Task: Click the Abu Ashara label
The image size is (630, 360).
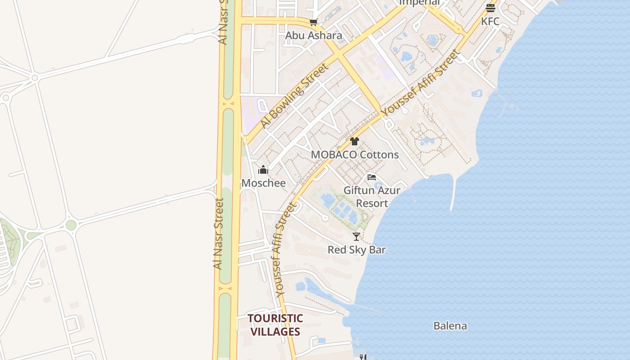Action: (x=314, y=36)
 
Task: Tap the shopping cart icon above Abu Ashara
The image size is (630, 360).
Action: (x=313, y=22)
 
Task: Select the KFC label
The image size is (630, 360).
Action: (x=490, y=21)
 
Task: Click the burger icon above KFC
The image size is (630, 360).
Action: (x=490, y=8)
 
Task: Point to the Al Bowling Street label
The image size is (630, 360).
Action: (x=294, y=96)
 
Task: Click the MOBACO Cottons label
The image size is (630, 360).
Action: (x=355, y=155)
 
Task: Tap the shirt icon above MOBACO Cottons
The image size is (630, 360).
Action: (x=355, y=141)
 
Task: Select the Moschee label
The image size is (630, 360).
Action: (x=263, y=183)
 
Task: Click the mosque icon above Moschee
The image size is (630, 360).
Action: (x=263, y=170)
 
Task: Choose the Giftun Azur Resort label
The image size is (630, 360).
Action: (x=372, y=197)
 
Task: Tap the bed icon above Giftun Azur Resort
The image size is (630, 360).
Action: (x=372, y=177)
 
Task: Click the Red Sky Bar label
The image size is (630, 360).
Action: (x=356, y=250)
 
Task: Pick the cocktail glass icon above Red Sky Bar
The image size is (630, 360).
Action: (x=356, y=236)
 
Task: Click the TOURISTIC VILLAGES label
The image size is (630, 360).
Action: (x=275, y=325)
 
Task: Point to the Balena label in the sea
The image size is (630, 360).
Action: (x=450, y=326)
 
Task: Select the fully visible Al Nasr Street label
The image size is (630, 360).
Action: (x=219, y=234)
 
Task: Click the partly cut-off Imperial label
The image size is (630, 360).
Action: (x=419, y=3)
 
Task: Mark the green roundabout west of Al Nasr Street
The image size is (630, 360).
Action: (x=71, y=225)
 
